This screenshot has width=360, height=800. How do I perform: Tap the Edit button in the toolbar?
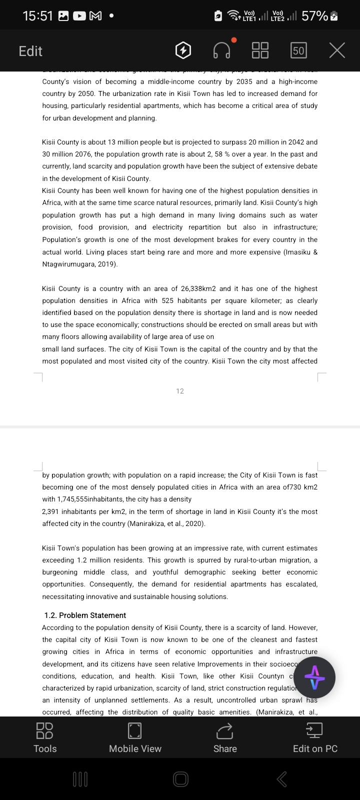(30, 51)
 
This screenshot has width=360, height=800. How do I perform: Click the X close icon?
(337, 50)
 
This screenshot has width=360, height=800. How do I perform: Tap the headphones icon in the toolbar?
(222, 50)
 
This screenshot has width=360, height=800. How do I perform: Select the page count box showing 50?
(298, 50)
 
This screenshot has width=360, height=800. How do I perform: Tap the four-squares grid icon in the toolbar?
(260, 50)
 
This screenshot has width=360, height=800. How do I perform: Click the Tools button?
(45, 738)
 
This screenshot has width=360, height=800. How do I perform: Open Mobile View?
(135, 738)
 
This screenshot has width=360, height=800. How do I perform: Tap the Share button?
(225, 738)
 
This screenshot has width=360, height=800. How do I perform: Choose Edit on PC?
(315, 738)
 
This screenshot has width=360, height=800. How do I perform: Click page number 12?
(180, 391)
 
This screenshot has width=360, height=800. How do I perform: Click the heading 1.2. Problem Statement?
(85, 615)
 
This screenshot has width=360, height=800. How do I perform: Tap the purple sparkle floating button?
(314, 677)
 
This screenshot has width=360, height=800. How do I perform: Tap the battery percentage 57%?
(314, 16)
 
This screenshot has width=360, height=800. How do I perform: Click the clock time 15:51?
(37, 16)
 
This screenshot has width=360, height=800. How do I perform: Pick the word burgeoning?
(60, 572)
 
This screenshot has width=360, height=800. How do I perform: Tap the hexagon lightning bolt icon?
(183, 50)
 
